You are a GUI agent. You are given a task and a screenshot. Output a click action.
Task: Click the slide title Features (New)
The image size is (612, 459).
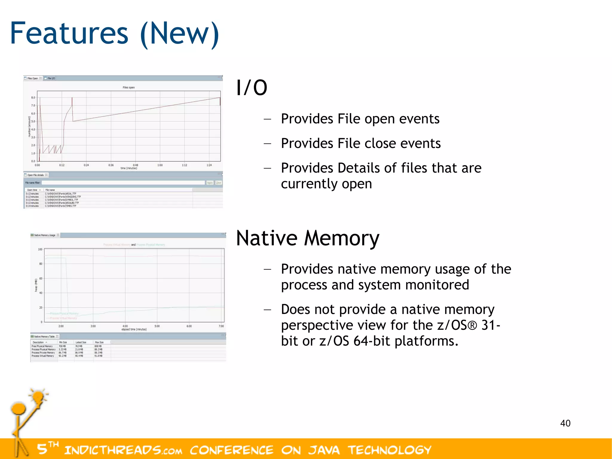tap(115, 33)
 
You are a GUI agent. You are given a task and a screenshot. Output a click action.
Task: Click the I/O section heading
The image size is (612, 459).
tap(252, 88)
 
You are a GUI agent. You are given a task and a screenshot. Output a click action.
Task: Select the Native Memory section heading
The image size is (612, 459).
tap(307, 238)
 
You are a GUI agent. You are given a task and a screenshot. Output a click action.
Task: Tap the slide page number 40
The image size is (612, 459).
tap(565, 423)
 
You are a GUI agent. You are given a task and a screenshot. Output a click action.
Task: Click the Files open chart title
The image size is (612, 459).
tap(128, 88)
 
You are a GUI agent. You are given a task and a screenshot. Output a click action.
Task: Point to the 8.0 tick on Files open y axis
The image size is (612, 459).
tap(33, 97)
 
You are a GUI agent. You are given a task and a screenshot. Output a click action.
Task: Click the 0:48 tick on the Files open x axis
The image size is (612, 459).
tap(135, 165)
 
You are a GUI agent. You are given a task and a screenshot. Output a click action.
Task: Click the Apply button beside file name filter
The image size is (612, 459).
tap(210, 183)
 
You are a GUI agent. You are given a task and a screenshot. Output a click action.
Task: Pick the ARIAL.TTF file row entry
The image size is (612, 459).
tap(61, 194)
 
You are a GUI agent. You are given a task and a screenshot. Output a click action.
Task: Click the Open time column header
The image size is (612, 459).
tap(32, 190)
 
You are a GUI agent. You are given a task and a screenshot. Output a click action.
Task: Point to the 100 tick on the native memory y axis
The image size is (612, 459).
tap(40, 249)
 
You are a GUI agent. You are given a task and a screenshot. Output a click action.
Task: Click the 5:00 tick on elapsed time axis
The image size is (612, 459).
tap(157, 326)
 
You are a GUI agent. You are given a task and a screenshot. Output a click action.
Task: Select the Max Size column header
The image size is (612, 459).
tap(99, 342)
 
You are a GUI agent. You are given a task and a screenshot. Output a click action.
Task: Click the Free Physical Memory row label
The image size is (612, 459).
tap(42, 346)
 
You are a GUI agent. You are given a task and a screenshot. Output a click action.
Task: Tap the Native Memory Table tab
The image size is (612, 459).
tap(44, 337)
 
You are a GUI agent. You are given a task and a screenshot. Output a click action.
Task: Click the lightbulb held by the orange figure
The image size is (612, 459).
tap(38, 397)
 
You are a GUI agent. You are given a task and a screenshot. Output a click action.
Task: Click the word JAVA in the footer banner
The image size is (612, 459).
tap(324, 450)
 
